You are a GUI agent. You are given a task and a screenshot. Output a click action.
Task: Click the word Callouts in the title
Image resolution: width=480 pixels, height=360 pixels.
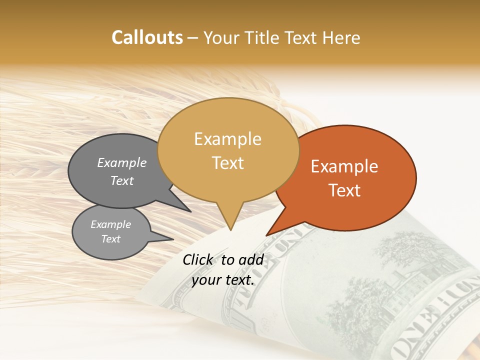[x=147, y=37]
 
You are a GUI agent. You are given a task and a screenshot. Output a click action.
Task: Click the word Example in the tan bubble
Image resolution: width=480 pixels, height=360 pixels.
[x=227, y=139]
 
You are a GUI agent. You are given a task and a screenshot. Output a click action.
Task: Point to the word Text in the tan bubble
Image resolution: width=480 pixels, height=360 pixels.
[x=228, y=163]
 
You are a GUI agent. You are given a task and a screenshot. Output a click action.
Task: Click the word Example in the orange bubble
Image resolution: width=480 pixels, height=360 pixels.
[x=344, y=166]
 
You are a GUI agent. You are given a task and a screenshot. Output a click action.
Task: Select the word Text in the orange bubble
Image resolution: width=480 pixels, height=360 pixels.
[x=344, y=190]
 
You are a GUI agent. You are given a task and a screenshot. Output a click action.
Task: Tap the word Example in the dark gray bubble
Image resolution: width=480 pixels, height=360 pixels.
[x=122, y=162]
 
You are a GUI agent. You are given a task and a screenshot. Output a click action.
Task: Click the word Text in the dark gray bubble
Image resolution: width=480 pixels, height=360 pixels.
[x=122, y=180]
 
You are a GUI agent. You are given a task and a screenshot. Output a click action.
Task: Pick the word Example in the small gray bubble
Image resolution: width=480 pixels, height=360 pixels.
[x=111, y=224]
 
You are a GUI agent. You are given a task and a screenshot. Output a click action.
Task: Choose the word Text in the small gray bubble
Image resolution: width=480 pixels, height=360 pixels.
[x=111, y=239]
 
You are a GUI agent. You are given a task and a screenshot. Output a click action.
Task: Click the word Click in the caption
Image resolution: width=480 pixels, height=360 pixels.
[x=198, y=259]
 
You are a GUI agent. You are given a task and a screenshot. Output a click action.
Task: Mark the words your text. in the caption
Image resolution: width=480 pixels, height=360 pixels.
[x=223, y=280]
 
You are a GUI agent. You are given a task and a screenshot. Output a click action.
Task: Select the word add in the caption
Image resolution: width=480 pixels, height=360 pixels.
[x=252, y=259]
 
